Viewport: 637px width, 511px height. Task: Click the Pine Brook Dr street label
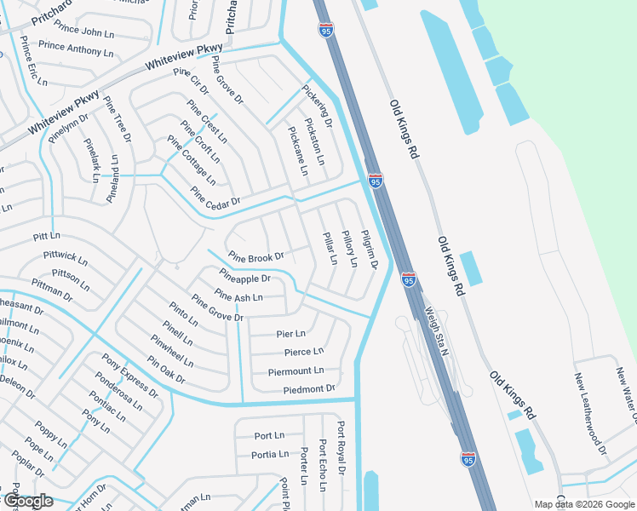(255, 256)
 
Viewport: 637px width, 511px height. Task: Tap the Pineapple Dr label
(244, 278)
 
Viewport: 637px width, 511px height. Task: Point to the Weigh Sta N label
(439, 329)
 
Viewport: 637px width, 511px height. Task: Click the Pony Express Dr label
(130, 376)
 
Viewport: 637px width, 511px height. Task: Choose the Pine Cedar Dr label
(215, 195)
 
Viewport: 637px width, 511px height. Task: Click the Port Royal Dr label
(341, 447)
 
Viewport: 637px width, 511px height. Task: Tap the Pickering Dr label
(315, 108)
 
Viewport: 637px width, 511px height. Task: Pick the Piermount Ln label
(296, 371)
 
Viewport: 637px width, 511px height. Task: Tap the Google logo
(27, 501)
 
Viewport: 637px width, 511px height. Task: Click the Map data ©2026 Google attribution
(583, 504)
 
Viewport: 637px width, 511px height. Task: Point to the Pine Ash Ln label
(238, 297)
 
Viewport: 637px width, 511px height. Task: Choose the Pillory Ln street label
(349, 248)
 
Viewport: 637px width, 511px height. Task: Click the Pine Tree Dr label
(118, 118)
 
